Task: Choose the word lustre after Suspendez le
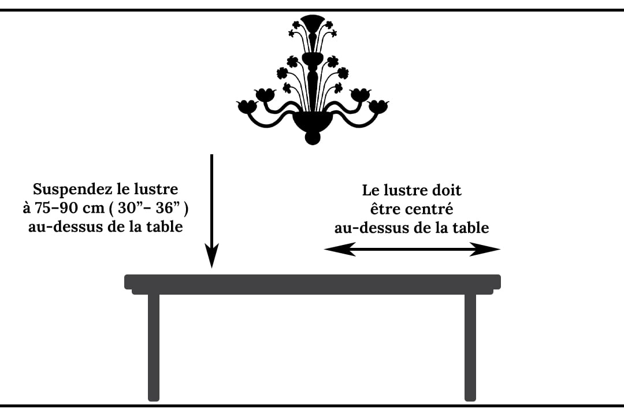157,190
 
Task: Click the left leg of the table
154,347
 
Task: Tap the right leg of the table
470,347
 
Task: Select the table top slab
312,282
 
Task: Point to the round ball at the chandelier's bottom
312,139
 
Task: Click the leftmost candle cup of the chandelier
247,106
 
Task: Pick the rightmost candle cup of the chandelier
378,106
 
